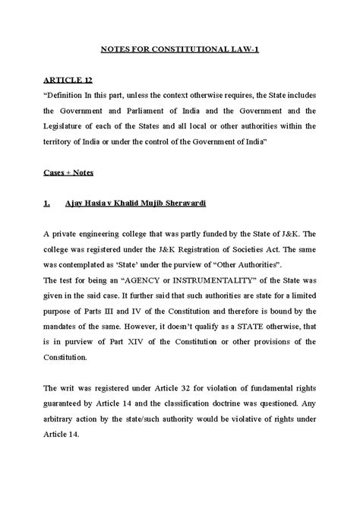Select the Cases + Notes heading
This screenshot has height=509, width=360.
pyautogui.click(x=68, y=173)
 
